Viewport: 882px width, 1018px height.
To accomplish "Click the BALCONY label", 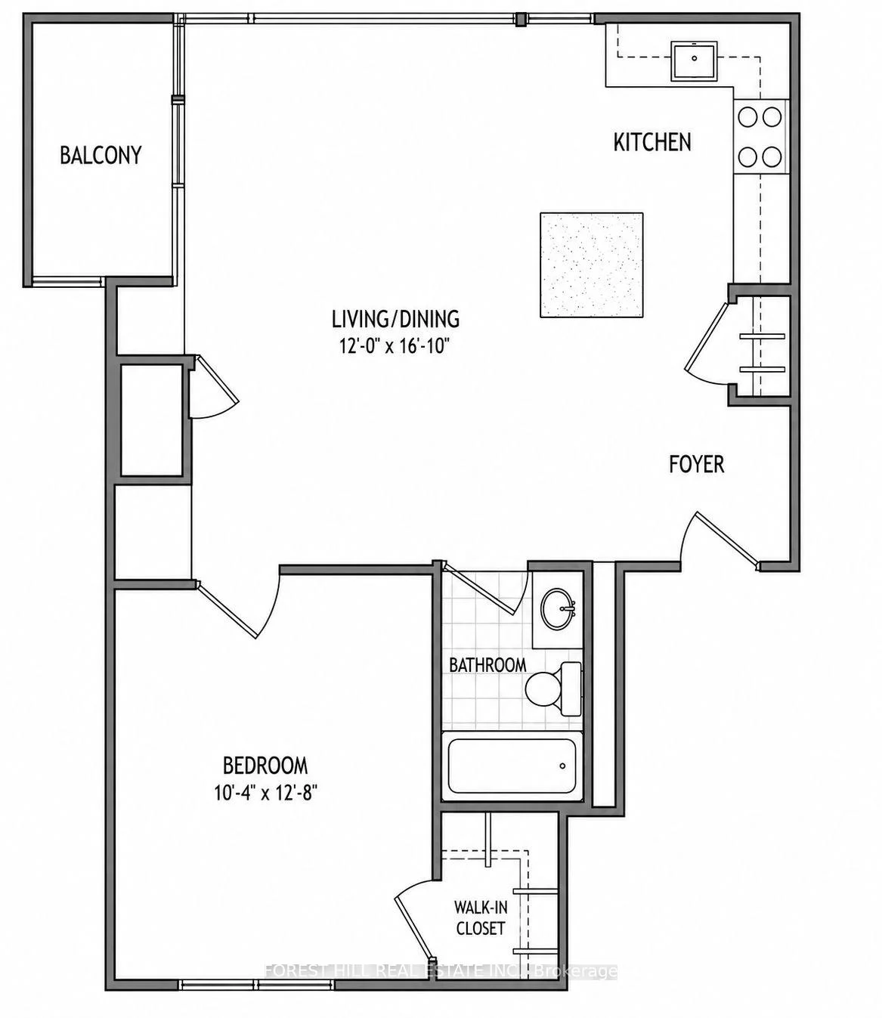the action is coord(101,155).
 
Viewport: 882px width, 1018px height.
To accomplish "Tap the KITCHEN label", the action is coord(652,142).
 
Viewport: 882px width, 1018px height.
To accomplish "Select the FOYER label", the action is coord(696,465).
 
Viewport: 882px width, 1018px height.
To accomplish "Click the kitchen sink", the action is coord(695,60).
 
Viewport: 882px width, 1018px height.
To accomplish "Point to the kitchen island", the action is coord(592,265).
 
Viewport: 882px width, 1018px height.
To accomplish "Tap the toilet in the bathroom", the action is coord(553,689).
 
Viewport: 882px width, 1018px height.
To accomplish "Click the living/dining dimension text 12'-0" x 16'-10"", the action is coord(395,346).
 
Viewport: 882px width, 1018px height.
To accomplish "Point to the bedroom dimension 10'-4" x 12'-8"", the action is coord(265,793).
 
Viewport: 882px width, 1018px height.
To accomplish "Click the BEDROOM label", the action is coord(265,766).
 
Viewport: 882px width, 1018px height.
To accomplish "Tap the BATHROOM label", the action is coord(487,665).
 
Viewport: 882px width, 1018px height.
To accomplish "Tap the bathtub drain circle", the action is coord(562,766).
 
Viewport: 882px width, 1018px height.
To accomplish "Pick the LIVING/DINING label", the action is coord(395,319).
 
